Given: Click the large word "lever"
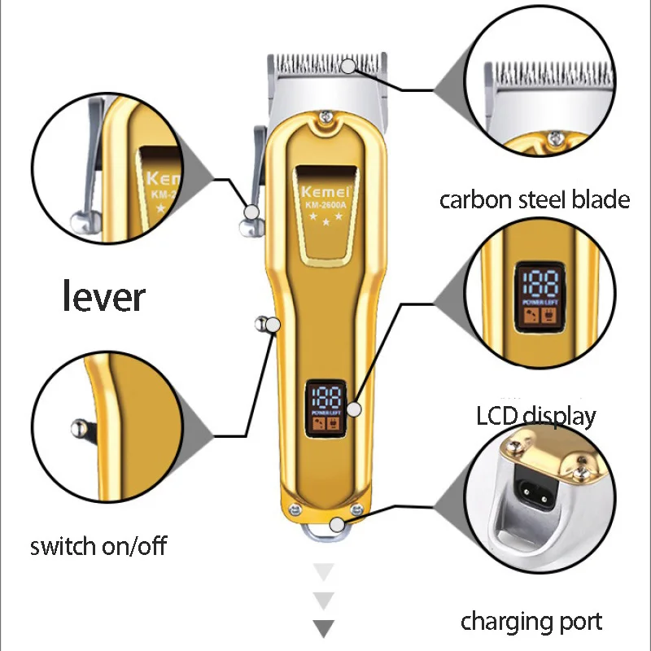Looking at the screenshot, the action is tap(104, 296).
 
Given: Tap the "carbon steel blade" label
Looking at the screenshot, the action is tap(535, 199).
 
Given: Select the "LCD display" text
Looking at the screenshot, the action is tap(536, 417).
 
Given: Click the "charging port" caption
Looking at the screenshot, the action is tap(531, 623).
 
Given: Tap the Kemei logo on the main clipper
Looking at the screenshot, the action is tap(324, 192).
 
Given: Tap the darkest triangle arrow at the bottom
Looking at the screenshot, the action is tap(324, 628).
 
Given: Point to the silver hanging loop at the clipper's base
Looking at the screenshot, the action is tap(325, 528).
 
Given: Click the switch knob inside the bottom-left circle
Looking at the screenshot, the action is tap(79, 426).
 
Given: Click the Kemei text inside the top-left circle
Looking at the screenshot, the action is tap(162, 178).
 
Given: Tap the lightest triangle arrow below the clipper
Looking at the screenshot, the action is tap(324, 572).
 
